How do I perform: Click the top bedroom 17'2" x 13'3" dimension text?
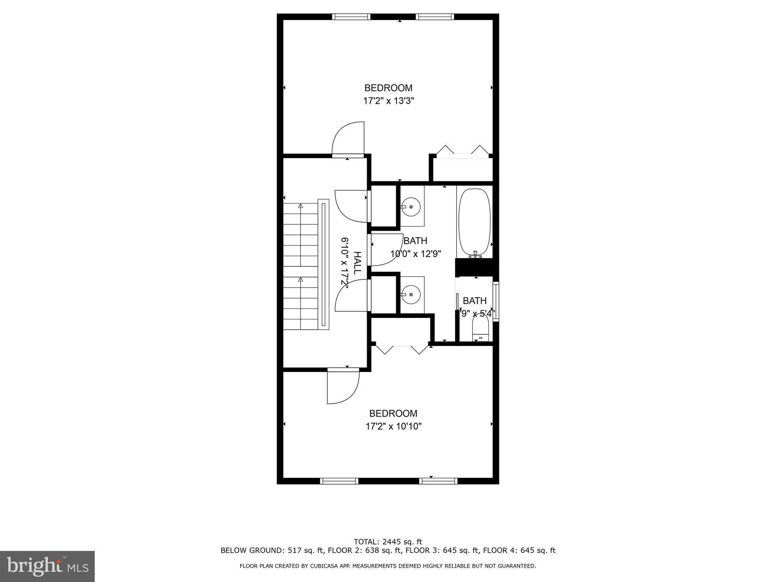[388, 101]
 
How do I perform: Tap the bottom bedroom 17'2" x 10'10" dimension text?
[393, 426]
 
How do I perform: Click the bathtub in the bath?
[474, 222]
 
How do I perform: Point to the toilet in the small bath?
[480, 329]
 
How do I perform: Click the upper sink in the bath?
[411, 207]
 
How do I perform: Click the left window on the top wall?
[351, 17]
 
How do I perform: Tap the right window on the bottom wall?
[438, 481]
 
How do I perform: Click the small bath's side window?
[496, 301]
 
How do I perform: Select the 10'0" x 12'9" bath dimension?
[416, 254]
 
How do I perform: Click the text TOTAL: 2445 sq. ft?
[388, 542]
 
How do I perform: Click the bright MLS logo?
[47, 566]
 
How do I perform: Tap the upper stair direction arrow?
[300, 206]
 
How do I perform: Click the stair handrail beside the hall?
[323, 264]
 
